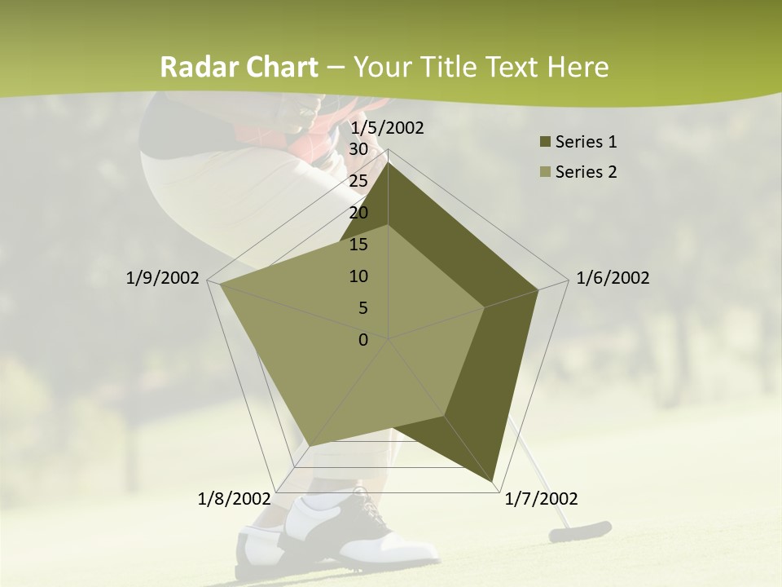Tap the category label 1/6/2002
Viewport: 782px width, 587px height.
613,278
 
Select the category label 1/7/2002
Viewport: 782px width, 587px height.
541,498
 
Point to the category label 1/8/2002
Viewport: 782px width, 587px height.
235,498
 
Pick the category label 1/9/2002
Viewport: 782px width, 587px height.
163,278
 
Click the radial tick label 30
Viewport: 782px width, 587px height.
358,149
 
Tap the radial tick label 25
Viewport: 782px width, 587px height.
358,181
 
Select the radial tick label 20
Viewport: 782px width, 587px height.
358,213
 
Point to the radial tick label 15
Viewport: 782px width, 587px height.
358,245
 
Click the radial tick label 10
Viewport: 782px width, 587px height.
358,276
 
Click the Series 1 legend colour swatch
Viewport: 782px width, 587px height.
545,143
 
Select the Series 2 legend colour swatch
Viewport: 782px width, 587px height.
545,172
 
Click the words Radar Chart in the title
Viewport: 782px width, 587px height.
239,67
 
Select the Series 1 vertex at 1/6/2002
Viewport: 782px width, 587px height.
538,289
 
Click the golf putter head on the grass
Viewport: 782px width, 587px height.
580,532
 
